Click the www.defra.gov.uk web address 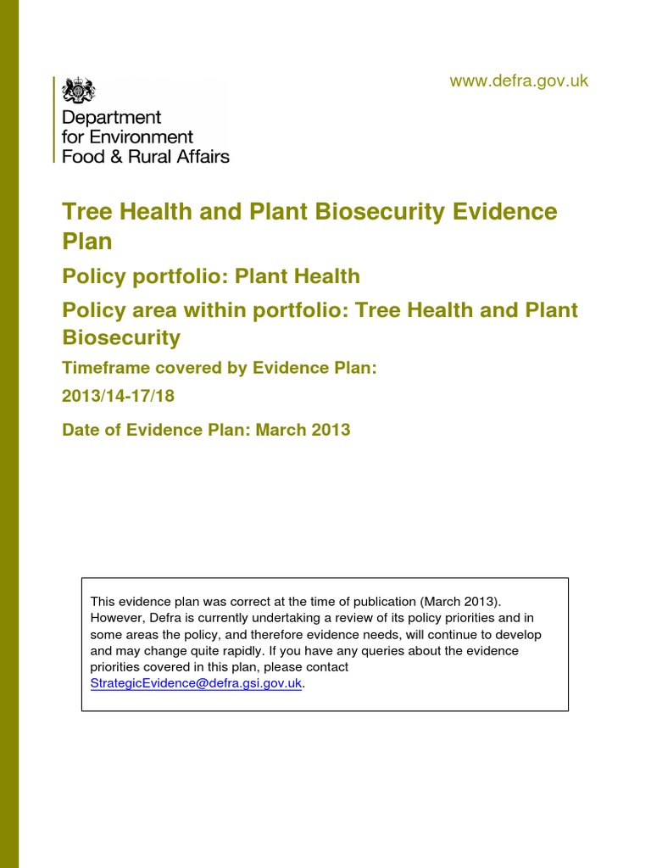click(518, 81)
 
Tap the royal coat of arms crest click(82, 90)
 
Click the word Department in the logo click(111, 118)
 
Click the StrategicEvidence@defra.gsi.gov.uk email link click(196, 683)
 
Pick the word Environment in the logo click(139, 137)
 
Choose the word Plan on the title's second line click(87, 242)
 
